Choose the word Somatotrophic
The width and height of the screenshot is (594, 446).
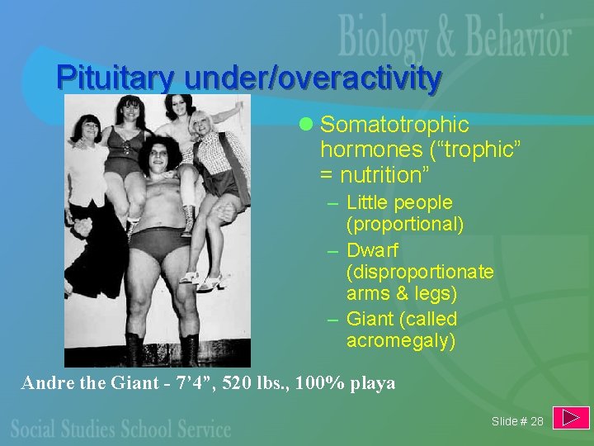coord(394,125)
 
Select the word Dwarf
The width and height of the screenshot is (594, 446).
coord(373,249)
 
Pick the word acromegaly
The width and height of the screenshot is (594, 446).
coord(400,340)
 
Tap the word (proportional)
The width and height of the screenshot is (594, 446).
coord(405,224)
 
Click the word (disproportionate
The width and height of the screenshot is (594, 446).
coord(420,272)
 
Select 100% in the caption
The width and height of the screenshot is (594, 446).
coord(313,383)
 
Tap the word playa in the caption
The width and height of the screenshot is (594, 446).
coord(370,383)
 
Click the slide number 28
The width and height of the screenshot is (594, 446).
coord(537,421)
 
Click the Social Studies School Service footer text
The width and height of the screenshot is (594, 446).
coord(120,429)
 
